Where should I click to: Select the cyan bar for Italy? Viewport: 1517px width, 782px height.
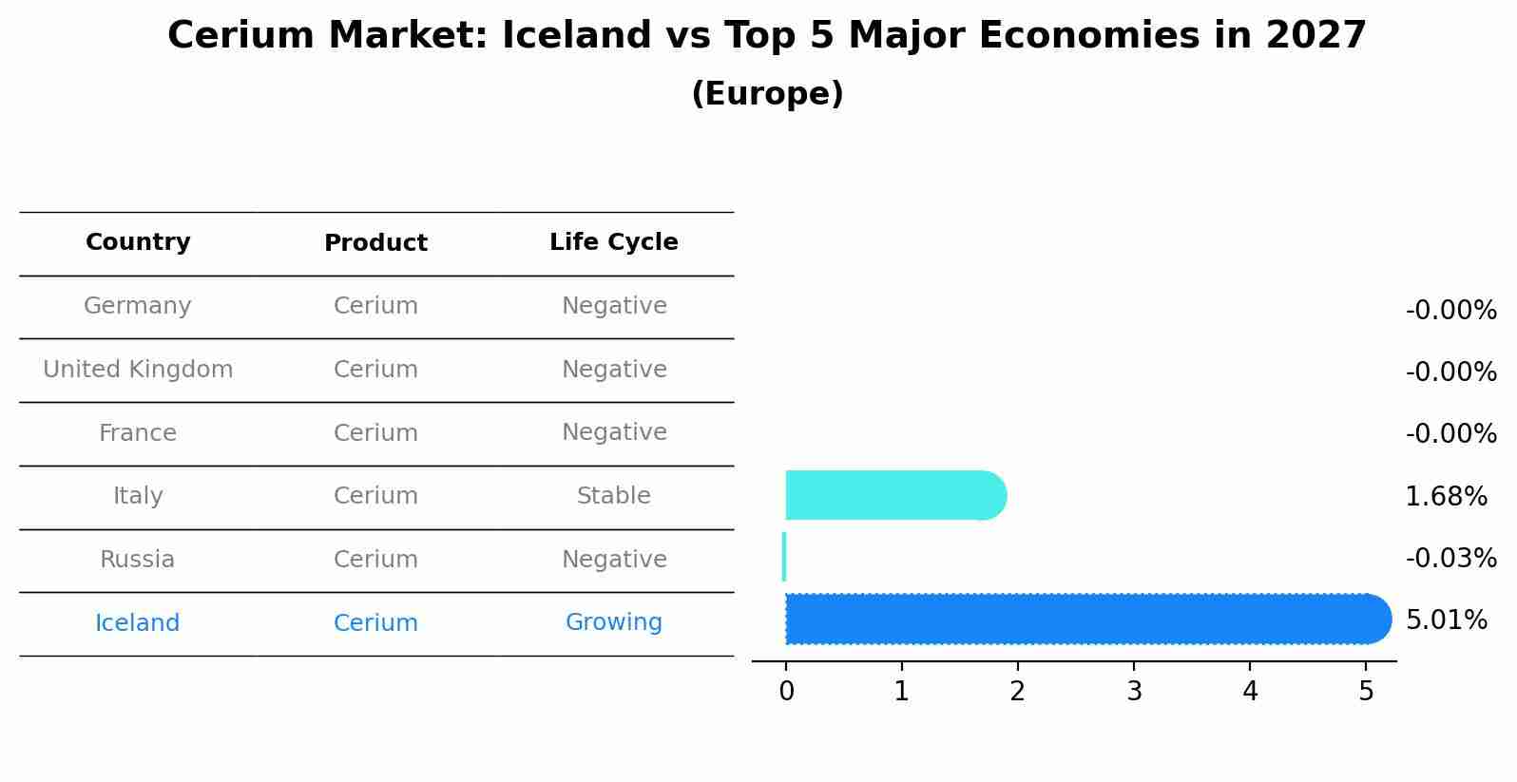[x=893, y=495]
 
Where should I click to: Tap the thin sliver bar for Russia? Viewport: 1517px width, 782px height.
[x=784, y=557]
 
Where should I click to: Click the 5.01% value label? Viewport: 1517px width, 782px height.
[x=1446, y=620]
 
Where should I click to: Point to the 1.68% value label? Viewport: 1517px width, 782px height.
[x=1446, y=496]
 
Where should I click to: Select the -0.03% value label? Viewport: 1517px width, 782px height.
[x=1450, y=558]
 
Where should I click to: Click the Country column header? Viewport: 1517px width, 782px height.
[x=138, y=242]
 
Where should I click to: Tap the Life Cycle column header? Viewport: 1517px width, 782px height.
[x=613, y=242]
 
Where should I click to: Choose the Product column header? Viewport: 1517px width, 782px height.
[x=375, y=243]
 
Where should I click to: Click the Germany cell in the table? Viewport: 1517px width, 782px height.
[x=138, y=306]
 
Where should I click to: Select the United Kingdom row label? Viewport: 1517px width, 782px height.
[x=138, y=370]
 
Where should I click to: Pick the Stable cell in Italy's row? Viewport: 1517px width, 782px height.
[x=613, y=496]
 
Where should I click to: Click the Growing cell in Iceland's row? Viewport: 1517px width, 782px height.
[x=613, y=622]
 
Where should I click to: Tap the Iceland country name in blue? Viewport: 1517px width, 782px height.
[x=138, y=623]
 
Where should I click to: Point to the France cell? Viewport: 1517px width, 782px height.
[x=138, y=433]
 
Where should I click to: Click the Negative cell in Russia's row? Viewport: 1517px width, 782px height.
[x=613, y=560]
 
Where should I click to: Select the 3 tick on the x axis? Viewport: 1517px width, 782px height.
[x=1134, y=692]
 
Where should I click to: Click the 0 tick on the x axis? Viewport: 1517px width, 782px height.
[x=786, y=692]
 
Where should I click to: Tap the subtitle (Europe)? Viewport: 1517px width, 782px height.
[x=767, y=94]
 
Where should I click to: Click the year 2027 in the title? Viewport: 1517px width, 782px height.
[x=1315, y=36]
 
